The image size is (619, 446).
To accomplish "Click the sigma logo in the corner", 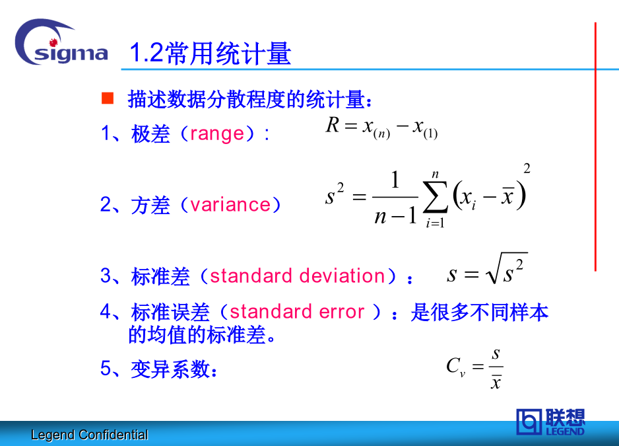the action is [x=61, y=43].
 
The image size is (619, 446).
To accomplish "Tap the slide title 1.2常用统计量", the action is [x=211, y=53].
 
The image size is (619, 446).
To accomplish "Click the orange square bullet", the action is [x=108, y=98].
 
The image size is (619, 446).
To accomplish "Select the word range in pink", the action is [x=217, y=133].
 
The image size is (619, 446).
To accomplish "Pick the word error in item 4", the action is [x=341, y=312].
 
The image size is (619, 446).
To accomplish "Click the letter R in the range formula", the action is [x=333, y=126].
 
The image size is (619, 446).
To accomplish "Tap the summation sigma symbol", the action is [x=435, y=196].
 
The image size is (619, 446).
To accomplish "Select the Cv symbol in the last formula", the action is [x=456, y=367].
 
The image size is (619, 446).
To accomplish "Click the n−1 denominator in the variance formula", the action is [x=395, y=216].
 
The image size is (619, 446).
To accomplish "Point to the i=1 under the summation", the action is [x=435, y=223].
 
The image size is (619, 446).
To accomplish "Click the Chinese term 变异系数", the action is [x=170, y=369].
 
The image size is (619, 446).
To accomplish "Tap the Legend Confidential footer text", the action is [x=90, y=435].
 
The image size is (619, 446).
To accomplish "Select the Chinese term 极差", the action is [x=151, y=133].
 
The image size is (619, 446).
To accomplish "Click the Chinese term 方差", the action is [x=151, y=205].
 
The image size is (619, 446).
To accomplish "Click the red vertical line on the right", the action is [x=595, y=147].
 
